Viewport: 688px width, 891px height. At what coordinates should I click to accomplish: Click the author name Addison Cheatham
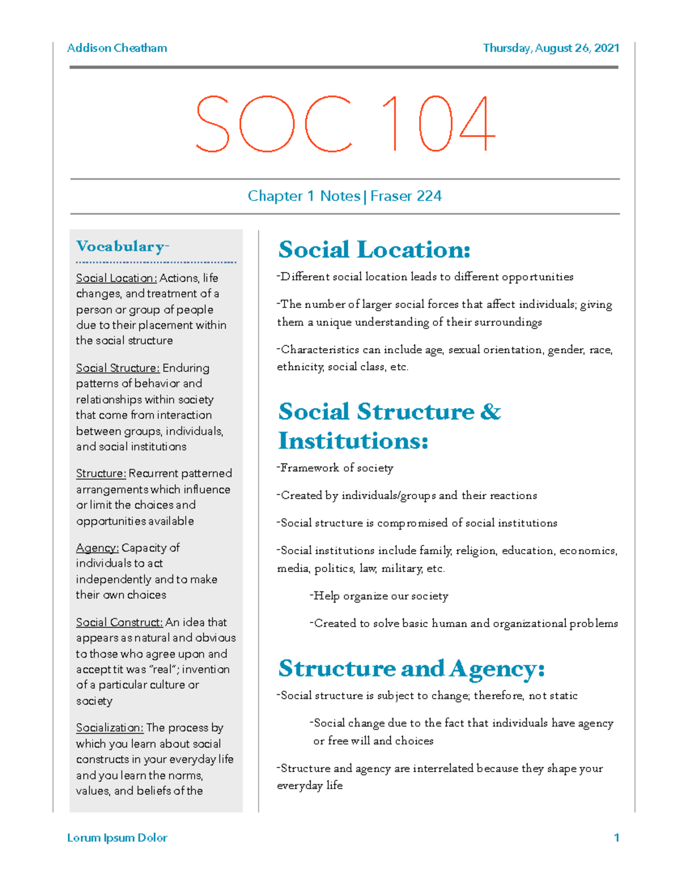[117, 48]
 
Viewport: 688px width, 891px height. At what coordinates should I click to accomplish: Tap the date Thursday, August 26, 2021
[550, 48]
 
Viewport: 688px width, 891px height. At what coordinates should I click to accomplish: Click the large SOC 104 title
[345, 123]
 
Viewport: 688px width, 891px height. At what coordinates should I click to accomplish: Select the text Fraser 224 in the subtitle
[406, 196]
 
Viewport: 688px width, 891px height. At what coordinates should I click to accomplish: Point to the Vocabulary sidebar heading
[122, 247]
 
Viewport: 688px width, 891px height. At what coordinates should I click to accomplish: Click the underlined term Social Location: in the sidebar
[116, 278]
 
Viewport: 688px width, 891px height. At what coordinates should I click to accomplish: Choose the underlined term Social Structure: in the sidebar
[118, 368]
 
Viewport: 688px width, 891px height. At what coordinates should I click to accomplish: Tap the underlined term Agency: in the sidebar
[97, 548]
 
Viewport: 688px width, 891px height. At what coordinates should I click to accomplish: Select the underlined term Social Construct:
[119, 622]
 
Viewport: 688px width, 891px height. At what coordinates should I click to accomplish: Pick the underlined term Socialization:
[110, 728]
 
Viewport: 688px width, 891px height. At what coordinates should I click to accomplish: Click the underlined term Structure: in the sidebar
[101, 474]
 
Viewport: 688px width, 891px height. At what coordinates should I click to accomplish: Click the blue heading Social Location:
[374, 250]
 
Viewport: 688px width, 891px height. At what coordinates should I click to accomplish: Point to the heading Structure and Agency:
[411, 668]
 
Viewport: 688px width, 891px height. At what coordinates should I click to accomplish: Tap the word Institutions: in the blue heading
[353, 441]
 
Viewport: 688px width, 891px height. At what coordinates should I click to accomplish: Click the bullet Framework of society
[336, 468]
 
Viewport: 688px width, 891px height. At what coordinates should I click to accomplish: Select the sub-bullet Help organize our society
[380, 596]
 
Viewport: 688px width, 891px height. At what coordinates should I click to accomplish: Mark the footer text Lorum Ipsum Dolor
[117, 838]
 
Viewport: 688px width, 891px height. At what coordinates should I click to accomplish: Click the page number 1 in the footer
[616, 838]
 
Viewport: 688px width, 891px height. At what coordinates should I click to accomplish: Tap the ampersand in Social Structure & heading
[490, 412]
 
